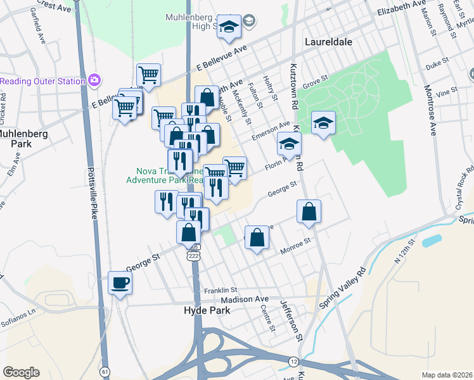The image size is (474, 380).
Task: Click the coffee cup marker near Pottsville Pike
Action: pyautogui.click(x=120, y=283)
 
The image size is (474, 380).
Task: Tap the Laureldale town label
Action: pyautogui.click(x=328, y=41)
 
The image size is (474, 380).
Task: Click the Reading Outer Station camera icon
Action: pyautogui.click(x=95, y=80)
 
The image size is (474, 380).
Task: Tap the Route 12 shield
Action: pyautogui.click(x=293, y=361)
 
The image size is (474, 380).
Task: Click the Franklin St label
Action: pyautogui.click(x=220, y=290)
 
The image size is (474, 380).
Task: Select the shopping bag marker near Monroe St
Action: pyautogui.click(x=257, y=238)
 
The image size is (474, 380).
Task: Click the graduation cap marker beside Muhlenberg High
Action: pyautogui.click(x=229, y=28)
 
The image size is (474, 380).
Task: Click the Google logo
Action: pyautogui.click(x=21, y=372)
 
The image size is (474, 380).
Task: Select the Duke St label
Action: pyautogui.click(x=437, y=64)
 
